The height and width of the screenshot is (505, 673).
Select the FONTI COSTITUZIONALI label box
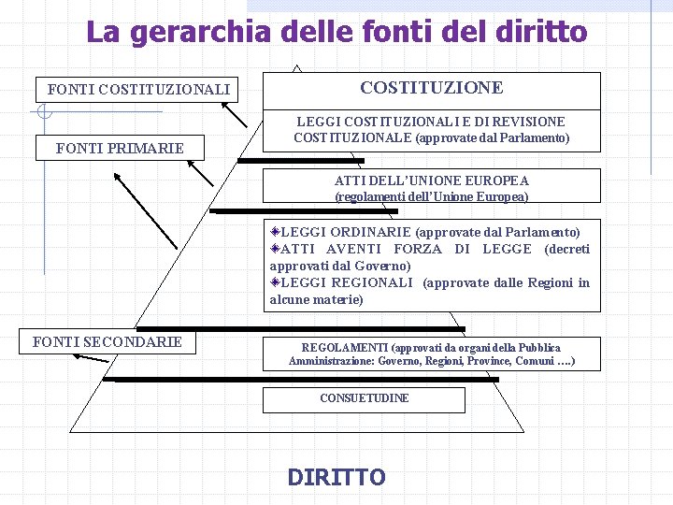pyautogui.click(x=138, y=90)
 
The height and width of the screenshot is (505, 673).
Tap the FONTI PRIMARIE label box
pyautogui.click(x=120, y=148)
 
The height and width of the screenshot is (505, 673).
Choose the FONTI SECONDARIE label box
pyautogui.click(x=107, y=342)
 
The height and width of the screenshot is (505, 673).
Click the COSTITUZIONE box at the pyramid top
pyautogui.click(x=431, y=88)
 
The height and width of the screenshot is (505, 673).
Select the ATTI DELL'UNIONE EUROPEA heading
pyautogui.click(x=431, y=180)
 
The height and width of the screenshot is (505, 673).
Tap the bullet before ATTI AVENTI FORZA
pyautogui.click(x=275, y=248)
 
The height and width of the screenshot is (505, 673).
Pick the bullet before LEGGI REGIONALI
pyautogui.click(x=275, y=282)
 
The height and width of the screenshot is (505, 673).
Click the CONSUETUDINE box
pyautogui.click(x=364, y=398)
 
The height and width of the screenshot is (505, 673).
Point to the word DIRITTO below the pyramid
pyautogui.click(x=336, y=478)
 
